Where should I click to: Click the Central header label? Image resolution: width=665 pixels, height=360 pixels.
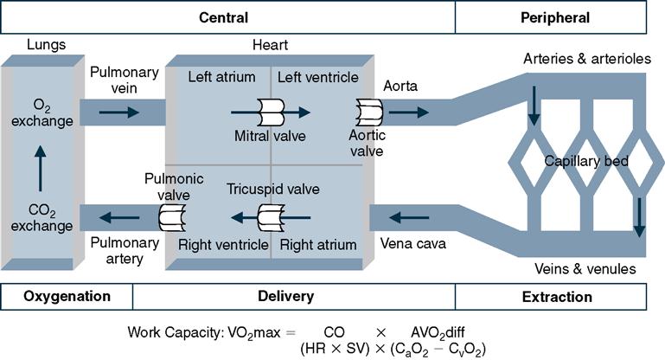coord(223,17)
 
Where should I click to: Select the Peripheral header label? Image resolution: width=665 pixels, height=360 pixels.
coord(555,17)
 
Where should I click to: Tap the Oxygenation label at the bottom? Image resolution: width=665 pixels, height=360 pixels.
coord(66,296)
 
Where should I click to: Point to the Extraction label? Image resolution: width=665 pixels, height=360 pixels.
coord(558,297)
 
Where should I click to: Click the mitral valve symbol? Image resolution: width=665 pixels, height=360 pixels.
coord(271,112)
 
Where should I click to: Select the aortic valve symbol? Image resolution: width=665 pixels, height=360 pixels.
coord(369,112)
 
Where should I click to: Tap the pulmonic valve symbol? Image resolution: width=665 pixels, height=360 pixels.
coord(171,216)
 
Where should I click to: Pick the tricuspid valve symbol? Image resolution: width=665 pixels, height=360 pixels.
coord(272,216)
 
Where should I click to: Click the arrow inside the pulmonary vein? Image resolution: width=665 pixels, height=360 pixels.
coord(119,112)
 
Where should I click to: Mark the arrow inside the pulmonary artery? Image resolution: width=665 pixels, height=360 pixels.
coord(119,216)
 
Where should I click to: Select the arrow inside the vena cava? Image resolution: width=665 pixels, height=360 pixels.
coord(411,216)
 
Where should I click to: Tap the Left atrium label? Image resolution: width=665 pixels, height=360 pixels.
coord(221,77)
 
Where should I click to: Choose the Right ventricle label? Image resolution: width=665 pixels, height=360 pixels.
coord(223,245)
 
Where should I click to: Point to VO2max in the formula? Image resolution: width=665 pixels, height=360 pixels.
coord(248,331)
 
